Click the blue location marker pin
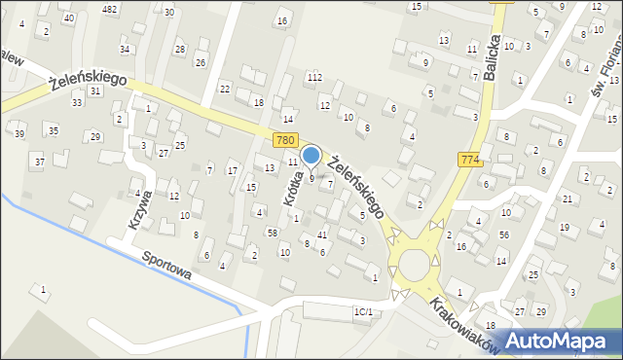pos(311,155)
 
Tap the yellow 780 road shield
pos(285,141)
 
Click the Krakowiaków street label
pos(468,321)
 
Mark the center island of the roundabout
pos(415,264)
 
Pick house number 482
pos(109,9)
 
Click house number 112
pos(314,77)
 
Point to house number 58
pos(273,234)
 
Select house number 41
pos(322,235)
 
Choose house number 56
pos(503,234)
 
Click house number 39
pos(19,133)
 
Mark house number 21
pos(567,198)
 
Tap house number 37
pos(39,161)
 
